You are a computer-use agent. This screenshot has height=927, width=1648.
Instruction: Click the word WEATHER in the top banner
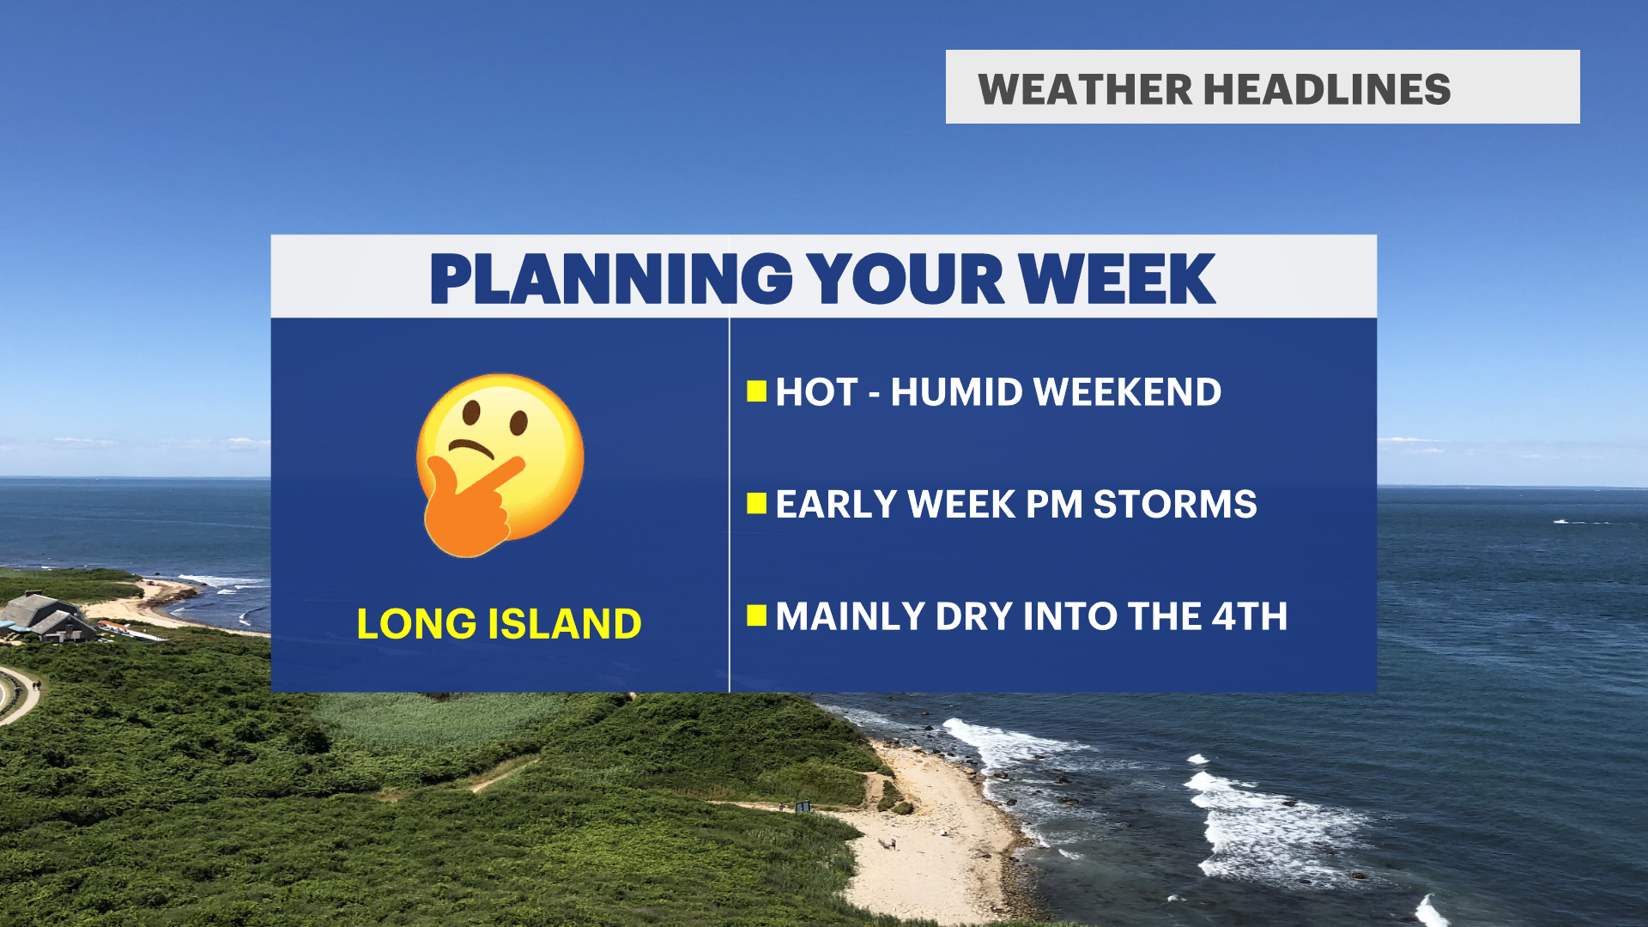(1085, 89)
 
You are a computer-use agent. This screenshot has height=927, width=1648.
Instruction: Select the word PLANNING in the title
(611, 279)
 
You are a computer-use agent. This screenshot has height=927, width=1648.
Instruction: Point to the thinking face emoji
(500, 465)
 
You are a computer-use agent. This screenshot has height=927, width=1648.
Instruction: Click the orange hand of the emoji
(468, 508)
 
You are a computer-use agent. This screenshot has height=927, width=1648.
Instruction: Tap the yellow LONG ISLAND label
(499, 623)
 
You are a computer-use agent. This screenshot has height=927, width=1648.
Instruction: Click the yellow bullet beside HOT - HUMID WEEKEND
(756, 391)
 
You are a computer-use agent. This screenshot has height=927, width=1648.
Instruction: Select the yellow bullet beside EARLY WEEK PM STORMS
(756, 503)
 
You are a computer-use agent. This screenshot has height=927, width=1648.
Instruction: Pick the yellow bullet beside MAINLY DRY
(756, 615)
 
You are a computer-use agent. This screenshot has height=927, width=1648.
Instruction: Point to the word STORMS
(1175, 504)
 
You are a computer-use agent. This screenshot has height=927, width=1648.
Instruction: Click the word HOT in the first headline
(816, 392)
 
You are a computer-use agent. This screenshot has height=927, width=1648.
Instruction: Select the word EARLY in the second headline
(837, 504)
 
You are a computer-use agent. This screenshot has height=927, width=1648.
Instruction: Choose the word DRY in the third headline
(974, 616)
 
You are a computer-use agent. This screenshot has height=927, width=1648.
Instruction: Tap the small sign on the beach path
(803, 806)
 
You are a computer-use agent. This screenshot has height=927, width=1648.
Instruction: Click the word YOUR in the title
(906, 279)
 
